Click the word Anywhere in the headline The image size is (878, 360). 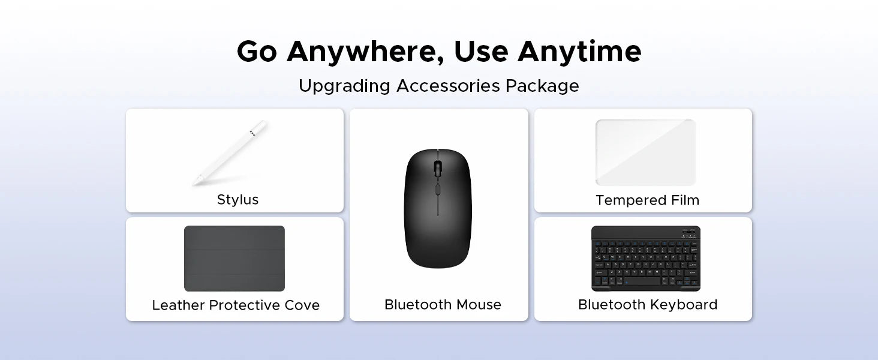point(365,52)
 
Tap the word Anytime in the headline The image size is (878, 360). point(579,52)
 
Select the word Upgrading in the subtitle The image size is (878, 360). point(344,86)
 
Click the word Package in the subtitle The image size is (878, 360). point(542,86)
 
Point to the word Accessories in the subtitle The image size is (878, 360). point(448,86)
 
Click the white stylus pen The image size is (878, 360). point(230,152)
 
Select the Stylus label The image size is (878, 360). point(237,200)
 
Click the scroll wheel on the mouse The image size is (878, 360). point(437,168)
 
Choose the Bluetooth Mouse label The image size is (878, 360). point(443,305)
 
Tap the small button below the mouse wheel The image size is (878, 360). point(437,189)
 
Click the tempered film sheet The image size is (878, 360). point(645,152)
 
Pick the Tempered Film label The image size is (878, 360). point(648,200)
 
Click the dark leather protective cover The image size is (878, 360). point(234,259)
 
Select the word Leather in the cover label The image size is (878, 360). point(178,305)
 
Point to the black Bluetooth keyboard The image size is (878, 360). point(645,259)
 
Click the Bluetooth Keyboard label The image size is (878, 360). point(648,305)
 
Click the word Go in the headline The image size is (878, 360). point(257,52)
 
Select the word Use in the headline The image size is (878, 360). point(481,52)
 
